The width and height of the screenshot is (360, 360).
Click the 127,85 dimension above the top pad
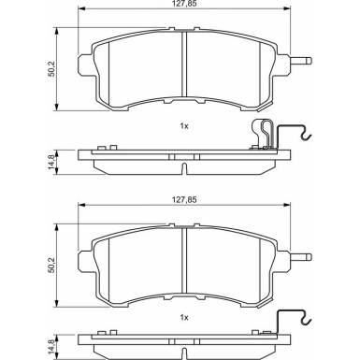(x=185, y=4)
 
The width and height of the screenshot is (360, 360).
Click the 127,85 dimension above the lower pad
(x=185, y=200)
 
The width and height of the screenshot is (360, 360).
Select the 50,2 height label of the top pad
(x=51, y=69)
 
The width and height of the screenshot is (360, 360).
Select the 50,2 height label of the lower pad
(x=51, y=266)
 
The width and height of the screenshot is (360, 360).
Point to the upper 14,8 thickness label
(x=51, y=163)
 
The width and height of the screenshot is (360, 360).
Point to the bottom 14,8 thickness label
(x=51, y=347)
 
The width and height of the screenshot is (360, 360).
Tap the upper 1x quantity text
(x=184, y=126)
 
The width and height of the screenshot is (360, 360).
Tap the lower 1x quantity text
(x=184, y=318)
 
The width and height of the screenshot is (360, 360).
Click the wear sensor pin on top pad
(x=301, y=60)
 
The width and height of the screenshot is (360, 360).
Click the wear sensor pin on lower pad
(x=301, y=257)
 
